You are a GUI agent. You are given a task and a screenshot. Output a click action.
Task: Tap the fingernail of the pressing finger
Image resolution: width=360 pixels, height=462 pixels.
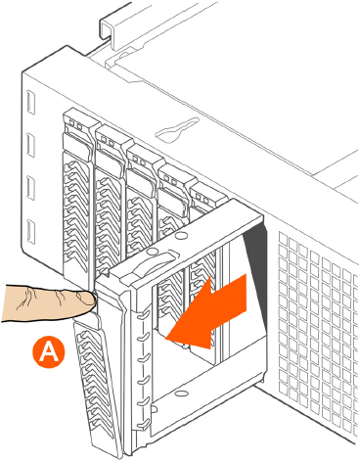[x=87, y=300]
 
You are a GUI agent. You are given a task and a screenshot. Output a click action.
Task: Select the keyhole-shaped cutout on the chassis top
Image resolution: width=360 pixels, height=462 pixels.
[x=177, y=130]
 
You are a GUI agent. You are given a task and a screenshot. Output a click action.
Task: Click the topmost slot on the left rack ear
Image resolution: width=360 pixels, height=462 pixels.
[x=30, y=103]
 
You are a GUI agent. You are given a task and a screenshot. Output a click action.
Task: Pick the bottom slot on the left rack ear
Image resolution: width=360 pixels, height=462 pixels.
[x=30, y=231]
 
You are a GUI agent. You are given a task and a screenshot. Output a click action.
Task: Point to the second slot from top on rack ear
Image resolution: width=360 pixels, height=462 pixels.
[x=30, y=145]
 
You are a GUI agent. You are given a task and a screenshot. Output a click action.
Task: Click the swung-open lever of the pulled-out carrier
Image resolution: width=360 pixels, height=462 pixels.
[x=96, y=382]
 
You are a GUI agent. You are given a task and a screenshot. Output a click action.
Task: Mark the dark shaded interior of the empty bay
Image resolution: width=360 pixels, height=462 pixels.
[x=256, y=261]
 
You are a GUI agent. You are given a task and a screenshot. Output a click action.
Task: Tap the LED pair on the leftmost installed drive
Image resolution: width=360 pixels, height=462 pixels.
[x=75, y=124]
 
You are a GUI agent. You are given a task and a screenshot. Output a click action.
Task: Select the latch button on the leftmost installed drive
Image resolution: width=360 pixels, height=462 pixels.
[x=77, y=144]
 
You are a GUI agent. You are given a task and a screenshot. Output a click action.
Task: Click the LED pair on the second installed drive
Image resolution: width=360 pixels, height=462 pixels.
[x=108, y=141]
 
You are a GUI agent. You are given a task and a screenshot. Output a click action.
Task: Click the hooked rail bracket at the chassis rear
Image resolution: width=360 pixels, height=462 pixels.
[x=108, y=27]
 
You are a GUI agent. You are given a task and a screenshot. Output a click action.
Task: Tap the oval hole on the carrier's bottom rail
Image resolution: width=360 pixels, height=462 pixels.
[x=179, y=393]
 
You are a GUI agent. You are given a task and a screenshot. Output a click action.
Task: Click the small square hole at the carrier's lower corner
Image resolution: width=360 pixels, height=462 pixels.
[x=154, y=409]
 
